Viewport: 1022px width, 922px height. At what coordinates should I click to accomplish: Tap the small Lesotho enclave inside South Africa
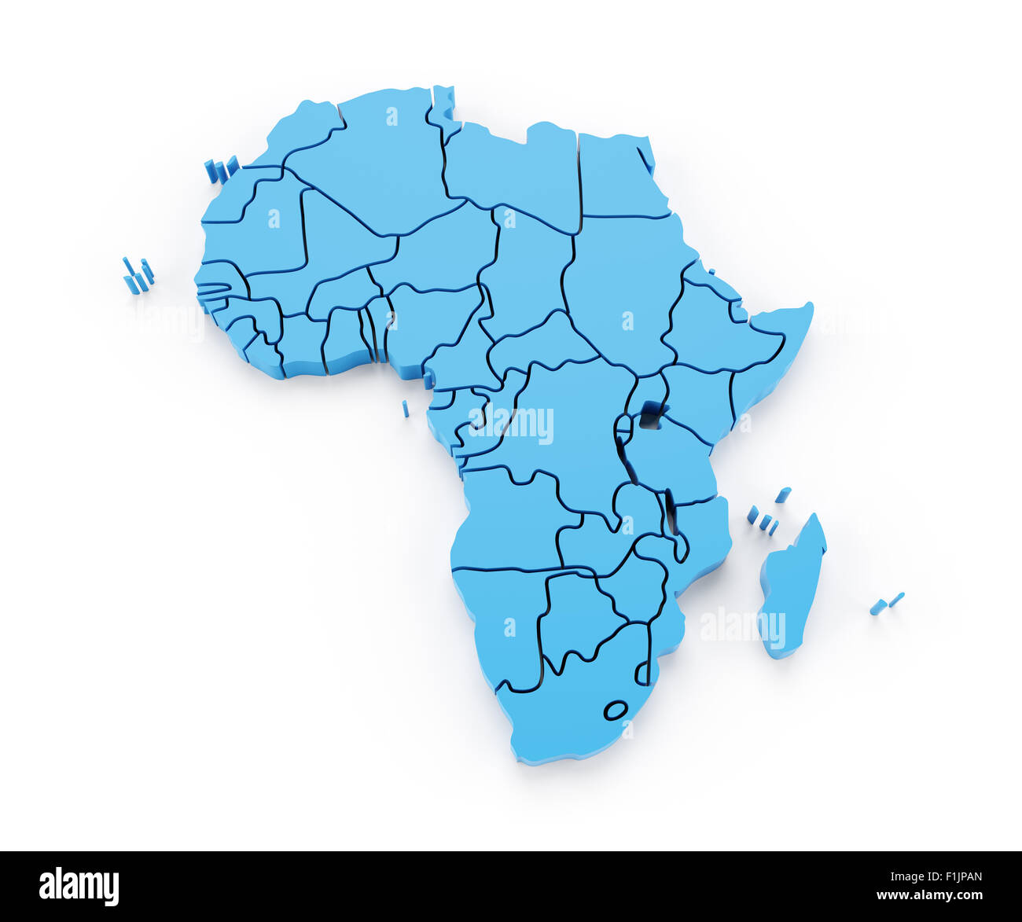click(616, 710)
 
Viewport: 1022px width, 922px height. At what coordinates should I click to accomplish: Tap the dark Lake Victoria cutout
click(650, 414)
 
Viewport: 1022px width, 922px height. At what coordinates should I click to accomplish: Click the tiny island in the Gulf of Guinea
click(406, 409)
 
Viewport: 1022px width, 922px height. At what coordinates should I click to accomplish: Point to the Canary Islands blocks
click(221, 170)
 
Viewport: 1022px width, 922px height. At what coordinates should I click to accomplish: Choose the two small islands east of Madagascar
click(886, 604)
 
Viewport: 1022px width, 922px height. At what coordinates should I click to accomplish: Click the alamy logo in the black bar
click(79, 887)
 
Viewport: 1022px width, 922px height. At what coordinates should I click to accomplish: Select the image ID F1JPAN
click(952, 877)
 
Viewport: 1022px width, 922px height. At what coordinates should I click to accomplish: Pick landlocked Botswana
click(578, 617)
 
